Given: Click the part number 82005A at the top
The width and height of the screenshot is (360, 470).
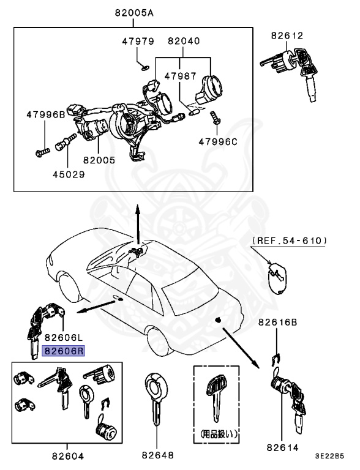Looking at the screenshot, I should (133, 12).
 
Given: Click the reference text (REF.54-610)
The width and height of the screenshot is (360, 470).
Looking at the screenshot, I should (289, 241).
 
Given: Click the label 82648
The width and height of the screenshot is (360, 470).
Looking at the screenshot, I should (158, 455).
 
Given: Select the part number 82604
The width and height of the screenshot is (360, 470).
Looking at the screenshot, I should (67, 455).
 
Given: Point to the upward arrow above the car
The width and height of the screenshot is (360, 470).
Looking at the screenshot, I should (138, 220).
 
